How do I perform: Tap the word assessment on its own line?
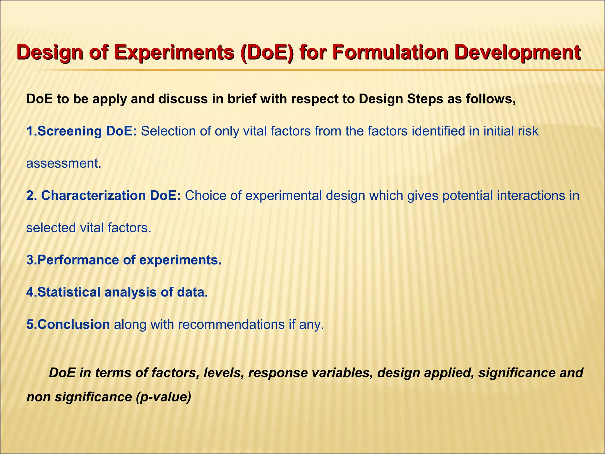click(x=64, y=163)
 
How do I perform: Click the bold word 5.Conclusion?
click(x=68, y=325)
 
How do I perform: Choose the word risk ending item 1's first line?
click(x=528, y=131)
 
